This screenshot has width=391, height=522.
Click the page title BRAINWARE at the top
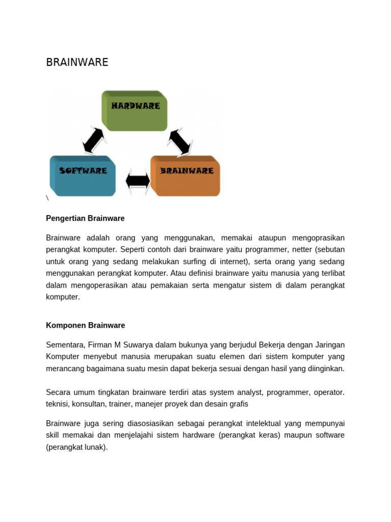click(77, 62)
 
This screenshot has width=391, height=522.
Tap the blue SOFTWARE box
click(82, 175)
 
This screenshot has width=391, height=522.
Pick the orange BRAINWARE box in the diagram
click(186, 175)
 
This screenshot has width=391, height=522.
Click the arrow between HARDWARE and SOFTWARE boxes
click(94, 140)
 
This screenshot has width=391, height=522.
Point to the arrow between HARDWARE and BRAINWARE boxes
click(179, 141)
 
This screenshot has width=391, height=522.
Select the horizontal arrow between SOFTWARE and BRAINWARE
click(137, 181)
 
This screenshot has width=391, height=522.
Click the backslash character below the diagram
click(47, 198)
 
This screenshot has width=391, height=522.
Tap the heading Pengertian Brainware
click(85, 218)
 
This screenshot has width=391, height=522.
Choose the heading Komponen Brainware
click(85, 325)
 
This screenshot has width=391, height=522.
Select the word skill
click(54, 435)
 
